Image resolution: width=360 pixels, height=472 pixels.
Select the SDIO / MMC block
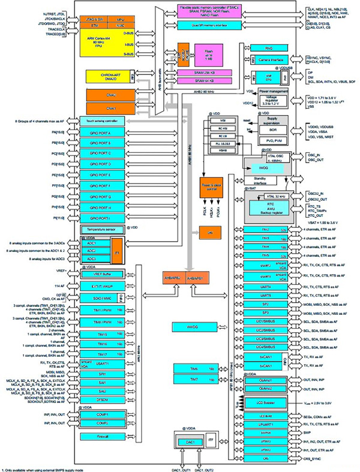[x=98, y=299]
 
